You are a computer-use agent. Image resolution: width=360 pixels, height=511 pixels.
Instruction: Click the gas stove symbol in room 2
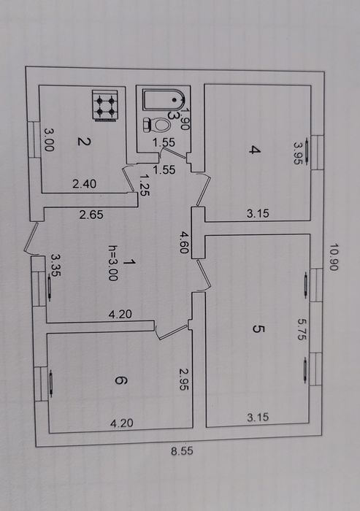coord(105,106)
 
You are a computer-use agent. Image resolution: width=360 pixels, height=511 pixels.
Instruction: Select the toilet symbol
coord(157,125)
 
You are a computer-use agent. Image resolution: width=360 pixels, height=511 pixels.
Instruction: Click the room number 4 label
coord(255,150)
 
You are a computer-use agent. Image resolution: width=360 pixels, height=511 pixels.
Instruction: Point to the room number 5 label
coord(258,328)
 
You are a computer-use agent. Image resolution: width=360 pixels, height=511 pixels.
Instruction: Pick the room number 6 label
coord(121,380)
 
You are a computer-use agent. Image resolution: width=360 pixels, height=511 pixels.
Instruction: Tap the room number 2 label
coord(84,142)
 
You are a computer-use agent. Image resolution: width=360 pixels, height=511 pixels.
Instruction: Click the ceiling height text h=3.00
coord(113,263)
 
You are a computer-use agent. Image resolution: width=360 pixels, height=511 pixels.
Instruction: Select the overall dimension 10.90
coord(334,257)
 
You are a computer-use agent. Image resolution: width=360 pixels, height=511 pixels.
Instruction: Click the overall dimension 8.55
coord(182,451)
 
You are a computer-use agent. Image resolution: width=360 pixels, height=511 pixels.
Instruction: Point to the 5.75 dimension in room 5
coord(302,329)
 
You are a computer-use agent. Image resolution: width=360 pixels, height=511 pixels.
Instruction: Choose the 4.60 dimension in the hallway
coord(184,242)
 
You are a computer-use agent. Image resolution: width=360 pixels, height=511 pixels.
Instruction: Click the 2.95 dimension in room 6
coord(184,380)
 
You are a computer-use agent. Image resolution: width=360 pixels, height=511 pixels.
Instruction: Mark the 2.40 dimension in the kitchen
coord(85,184)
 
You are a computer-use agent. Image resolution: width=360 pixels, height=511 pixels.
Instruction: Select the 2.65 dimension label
coord(91,215)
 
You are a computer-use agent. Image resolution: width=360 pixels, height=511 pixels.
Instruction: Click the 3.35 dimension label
coord(55,265)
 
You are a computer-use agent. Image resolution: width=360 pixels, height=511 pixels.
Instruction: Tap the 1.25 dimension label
coord(145,185)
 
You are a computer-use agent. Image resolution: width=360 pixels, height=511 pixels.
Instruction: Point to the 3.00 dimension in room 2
coord(49,140)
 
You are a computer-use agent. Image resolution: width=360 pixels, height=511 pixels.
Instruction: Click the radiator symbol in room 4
coord(307,151)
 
